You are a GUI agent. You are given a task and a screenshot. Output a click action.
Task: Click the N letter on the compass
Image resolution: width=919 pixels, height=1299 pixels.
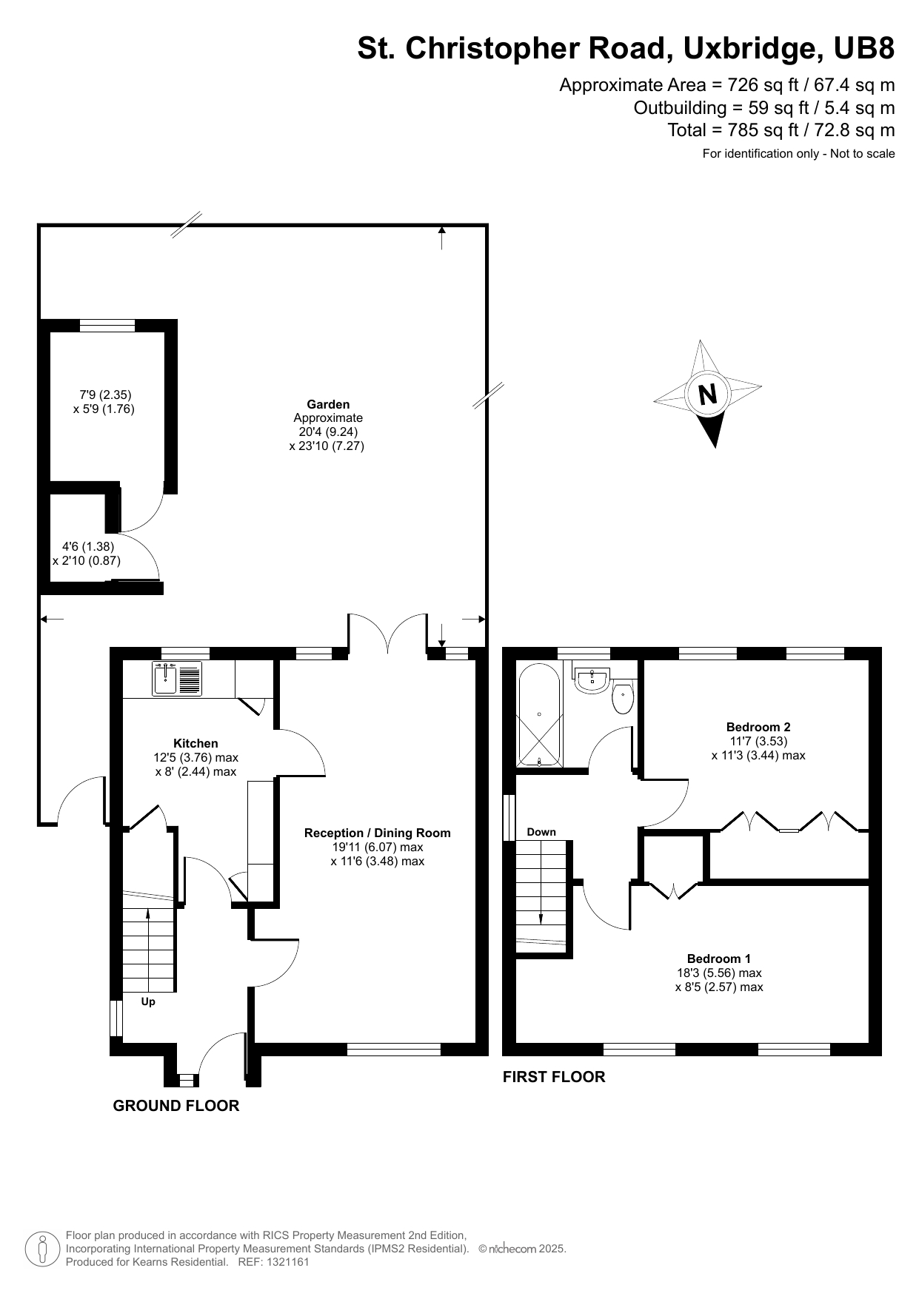(708, 394)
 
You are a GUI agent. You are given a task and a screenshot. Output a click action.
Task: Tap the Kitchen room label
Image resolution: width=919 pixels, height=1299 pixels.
(196, 743)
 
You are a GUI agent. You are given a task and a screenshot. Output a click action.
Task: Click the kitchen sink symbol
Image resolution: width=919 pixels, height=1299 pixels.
(177, 678)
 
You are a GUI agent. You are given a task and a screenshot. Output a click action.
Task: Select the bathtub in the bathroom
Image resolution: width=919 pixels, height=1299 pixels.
(539, 715)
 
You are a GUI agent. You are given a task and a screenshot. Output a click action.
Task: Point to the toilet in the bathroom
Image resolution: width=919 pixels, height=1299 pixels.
(623, 697)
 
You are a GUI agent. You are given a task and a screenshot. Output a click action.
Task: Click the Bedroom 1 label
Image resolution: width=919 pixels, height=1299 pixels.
(718, 959)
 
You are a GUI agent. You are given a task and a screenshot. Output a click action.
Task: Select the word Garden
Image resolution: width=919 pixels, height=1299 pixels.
(328, 404)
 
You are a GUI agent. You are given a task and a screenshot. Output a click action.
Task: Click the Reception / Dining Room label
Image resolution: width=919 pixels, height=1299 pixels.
(377, 833)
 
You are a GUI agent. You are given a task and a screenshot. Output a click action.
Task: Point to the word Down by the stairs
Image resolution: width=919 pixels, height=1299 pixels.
(541, 832)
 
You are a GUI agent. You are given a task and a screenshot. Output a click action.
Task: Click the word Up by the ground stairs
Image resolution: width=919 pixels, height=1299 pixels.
(148, 1001)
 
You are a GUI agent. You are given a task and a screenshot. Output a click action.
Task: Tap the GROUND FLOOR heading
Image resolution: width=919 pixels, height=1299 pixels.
(176, 1106)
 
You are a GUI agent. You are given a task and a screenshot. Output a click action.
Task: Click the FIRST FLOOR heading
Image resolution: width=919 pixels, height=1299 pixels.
(554, 1077)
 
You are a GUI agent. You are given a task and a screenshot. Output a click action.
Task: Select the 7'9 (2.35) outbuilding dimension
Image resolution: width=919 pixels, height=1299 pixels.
(105, 395)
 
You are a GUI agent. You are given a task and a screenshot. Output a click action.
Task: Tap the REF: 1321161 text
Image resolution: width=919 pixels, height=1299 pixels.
(273, 1262)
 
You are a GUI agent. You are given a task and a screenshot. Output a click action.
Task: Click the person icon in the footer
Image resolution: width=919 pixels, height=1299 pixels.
(42, 1249)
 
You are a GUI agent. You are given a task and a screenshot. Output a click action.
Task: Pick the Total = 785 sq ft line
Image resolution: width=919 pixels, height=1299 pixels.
(781, 130)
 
